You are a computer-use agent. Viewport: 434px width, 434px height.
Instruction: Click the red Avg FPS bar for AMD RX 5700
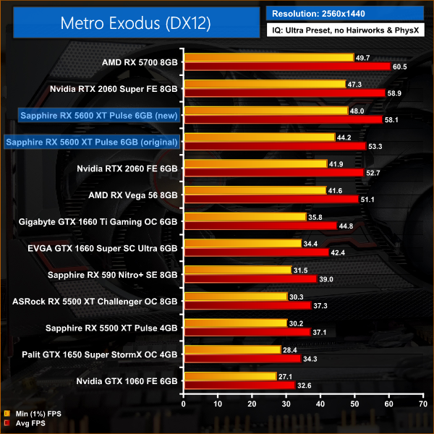tap(287, 67)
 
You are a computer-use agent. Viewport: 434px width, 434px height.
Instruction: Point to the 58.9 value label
tap(396, 93)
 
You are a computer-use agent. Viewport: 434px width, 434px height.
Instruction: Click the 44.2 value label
tap(344, 137)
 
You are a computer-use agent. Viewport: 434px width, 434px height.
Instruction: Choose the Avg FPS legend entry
tap(27, 424)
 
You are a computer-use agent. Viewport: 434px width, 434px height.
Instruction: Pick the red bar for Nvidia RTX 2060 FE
tap(273, 172)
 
